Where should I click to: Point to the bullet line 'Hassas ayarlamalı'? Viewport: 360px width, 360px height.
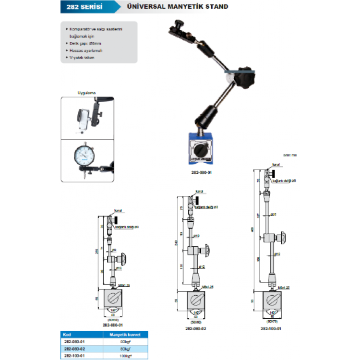[86, 50]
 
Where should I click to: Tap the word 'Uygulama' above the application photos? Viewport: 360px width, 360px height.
[87, 92]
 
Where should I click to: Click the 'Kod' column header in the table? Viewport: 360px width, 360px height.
[68, 334]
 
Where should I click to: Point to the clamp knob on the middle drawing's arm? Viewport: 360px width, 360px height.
[208, 250]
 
